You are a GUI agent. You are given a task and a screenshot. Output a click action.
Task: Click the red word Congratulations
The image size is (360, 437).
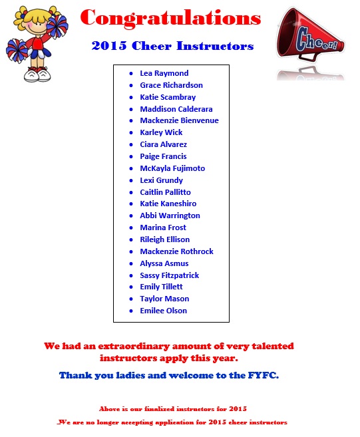(170, 18)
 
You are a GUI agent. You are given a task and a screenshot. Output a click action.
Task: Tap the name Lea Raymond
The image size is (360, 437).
(164, 73)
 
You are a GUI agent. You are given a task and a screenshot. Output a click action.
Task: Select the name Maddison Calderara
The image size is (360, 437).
(176, 109)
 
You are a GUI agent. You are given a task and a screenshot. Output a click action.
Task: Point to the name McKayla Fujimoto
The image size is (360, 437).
(172, 168)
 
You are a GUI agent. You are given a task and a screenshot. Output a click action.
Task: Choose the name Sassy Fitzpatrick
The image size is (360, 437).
(170, 275)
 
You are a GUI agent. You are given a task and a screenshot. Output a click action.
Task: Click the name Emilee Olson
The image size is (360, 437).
(164, 311)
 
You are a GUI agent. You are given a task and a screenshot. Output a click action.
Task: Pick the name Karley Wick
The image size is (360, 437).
(161, 132)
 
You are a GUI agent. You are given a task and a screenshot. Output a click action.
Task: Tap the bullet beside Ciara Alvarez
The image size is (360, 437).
(131, 145)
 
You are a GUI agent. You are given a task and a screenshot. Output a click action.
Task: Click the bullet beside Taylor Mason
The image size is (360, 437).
(131, 299)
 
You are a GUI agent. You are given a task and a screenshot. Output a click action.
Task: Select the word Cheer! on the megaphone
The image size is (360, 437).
(317, 41)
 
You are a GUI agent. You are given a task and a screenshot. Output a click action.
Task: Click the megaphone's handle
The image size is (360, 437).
(308, 57)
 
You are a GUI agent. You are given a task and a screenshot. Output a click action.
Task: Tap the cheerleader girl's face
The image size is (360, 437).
(39, 24)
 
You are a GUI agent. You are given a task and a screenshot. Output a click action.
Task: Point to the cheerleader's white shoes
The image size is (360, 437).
(37, 74)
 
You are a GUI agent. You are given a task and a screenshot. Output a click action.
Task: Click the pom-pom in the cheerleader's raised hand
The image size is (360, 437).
(57, 26)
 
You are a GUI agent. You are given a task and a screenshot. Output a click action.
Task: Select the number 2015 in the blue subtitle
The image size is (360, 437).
(109, 46)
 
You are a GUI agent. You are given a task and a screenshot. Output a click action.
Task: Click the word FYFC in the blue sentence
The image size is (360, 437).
(263, 375)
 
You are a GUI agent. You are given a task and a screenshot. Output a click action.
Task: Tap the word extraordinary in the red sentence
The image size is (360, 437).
(134, 346)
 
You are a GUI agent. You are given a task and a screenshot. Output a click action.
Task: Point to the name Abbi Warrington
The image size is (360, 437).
(170, 216)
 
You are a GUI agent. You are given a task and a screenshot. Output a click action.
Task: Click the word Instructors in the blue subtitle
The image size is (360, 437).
(215, 46)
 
